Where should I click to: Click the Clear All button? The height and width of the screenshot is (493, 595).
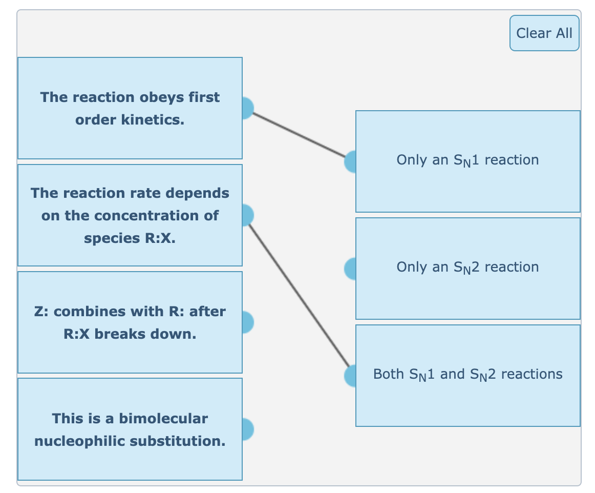click(x=544, y=33)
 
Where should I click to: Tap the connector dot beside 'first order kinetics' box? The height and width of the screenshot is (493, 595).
click(x=245, y=108)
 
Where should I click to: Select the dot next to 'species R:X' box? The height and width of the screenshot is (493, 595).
click(x=245, y=215)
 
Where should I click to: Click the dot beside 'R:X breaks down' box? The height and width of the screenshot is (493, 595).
click(x=245, y=322)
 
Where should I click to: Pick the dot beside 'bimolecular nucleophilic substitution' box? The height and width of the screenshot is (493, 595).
click(x=245, y=429)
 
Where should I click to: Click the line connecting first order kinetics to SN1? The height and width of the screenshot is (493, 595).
click(x=299, y=135)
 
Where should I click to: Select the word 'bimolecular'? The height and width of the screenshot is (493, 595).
click(x=163, y=419)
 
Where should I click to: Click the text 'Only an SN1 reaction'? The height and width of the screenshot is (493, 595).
click(x=468, y=160)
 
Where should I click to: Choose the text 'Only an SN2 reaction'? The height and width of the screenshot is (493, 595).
click(x=468, y=268)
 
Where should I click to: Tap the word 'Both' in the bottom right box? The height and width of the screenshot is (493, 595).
click(x=389, y=374)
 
